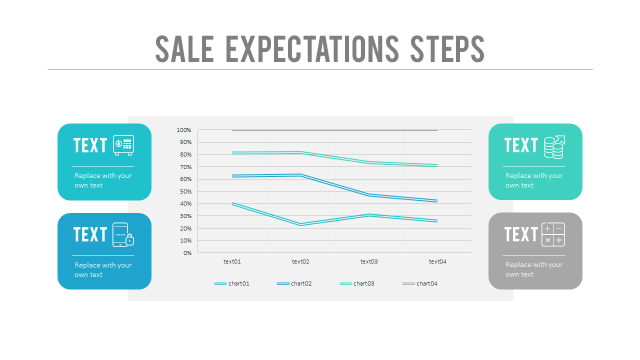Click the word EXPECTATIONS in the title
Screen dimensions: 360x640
pyautogui.click(x=312, y=49)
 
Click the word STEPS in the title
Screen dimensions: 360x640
pyautogui.click(x=447, y=49)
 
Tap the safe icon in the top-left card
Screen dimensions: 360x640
pyautogui.click(x=123, y=145)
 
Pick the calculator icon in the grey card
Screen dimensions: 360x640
pyautogui.click(x=553, y=234)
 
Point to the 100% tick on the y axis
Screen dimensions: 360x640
pyautogui.click(x=184, y=130)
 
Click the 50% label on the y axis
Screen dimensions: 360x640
pyautogui.click(x=185, y=191)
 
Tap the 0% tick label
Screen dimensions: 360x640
pyautogui.click(x=187, y=253)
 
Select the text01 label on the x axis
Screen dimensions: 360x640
pyautogui.click(x=232, y=261)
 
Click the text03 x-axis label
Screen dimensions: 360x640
pyautogui.click(x=369, y=261)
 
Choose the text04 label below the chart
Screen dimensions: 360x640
pyautogui.click(x=437, y=261)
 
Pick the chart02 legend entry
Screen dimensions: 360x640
pyautogui.click(x=294, y=283)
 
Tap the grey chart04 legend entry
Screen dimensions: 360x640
pyautogui.click(x=420, y=283)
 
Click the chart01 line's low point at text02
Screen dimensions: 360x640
pyautogui.click(x=300, y=224)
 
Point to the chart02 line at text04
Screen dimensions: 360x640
pyautogui.click(x=437, y=201)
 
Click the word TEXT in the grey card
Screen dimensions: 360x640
pyautogui.click(x=521, y=234)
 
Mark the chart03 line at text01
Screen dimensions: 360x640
pyautogui.click(x=232, y=153)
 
